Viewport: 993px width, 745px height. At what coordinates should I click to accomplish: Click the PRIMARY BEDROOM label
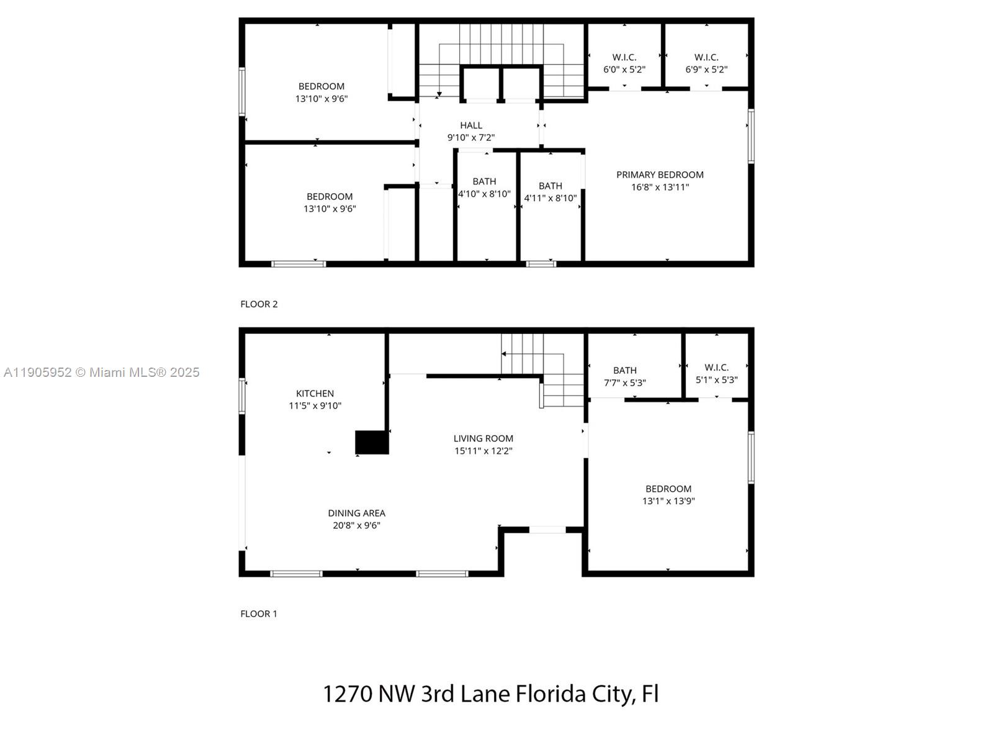coord(660,175)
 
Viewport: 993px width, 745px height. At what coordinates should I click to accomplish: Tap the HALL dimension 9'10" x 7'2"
coord(471,138)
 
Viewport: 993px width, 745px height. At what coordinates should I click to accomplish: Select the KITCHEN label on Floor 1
coord(315,394)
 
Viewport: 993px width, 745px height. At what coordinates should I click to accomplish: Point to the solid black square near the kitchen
coord(372,443)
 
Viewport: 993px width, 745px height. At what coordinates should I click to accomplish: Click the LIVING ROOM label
coord(483,438)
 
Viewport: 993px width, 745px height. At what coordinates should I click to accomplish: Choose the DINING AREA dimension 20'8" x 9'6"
coord(356,526)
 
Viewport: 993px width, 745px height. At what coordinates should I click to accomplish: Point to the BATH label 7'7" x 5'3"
coord(625,371)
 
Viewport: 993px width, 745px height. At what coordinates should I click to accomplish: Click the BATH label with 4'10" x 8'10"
coord(484,181)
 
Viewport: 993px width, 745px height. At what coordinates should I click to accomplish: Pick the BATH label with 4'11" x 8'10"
coord(550,186)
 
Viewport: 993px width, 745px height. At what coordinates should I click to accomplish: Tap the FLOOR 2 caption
coord(259,304)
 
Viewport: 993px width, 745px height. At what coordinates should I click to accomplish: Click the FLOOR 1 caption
coord(259,614)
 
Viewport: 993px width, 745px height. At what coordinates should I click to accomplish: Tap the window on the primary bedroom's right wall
coord(750,136)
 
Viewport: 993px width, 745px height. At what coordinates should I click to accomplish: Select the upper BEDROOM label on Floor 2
coord(321,86)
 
